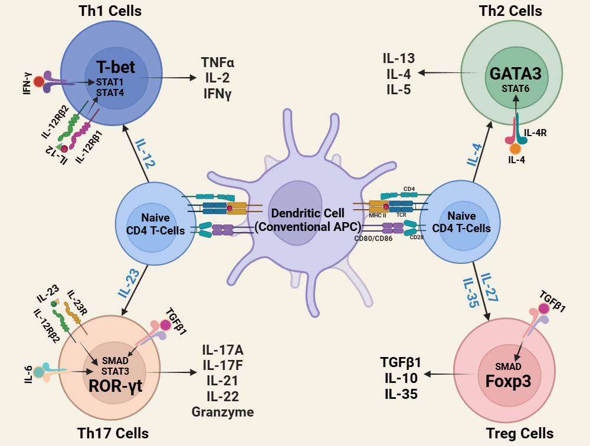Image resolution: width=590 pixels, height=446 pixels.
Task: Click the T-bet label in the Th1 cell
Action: coord(116,67)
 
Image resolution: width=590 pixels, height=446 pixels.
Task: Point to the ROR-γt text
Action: coord(116,386)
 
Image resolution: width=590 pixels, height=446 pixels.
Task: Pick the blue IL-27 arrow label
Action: coord(490,288)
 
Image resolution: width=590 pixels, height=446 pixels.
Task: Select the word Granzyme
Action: coord(222,412)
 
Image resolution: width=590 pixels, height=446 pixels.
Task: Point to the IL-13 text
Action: coord(398,58)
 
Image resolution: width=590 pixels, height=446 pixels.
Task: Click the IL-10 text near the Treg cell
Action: coord(401,378)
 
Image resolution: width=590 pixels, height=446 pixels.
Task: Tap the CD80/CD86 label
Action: coord(373,239)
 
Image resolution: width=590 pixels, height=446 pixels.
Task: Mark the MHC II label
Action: coord(378,216)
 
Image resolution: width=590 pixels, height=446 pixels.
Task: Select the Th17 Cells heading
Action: coord(113,434)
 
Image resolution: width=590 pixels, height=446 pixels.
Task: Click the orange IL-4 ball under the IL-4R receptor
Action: coord(515,149)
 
